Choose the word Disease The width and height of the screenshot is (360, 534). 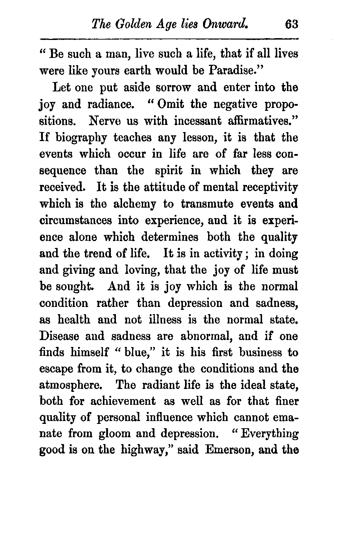coord(59,336)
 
